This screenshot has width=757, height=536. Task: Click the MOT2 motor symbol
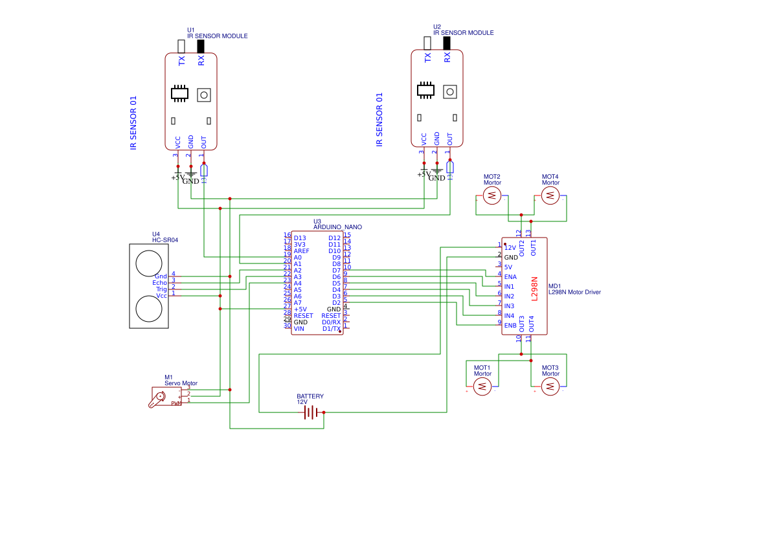(492, 195)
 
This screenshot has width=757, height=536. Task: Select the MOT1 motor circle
(482, 386)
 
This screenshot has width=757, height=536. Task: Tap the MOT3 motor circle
(550, 386)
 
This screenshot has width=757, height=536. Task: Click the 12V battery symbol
(312, 412)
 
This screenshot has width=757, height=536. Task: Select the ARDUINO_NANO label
(337, 227)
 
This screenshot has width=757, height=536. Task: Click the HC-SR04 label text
(165, 240)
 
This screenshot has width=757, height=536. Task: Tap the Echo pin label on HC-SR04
(159, 283)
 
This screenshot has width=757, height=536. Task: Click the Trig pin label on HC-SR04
(161, 289)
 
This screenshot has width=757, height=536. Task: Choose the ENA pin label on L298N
(510, 277)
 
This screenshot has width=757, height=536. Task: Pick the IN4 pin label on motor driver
(510, 316)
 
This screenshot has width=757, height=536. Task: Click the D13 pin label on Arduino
(300, 238)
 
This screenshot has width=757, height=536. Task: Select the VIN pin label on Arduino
(299, 329)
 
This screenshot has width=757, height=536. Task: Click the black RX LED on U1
(201, 46)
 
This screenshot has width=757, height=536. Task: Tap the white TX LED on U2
(427, 43)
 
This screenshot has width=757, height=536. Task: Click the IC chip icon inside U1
(179, 94)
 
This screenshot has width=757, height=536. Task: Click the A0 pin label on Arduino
(298, 258)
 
